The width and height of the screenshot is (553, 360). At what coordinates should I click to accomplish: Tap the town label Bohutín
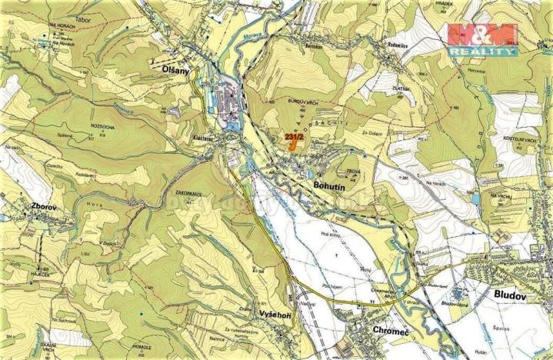(331, 185)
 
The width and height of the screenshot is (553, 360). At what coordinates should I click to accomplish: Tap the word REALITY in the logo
(482, 51)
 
